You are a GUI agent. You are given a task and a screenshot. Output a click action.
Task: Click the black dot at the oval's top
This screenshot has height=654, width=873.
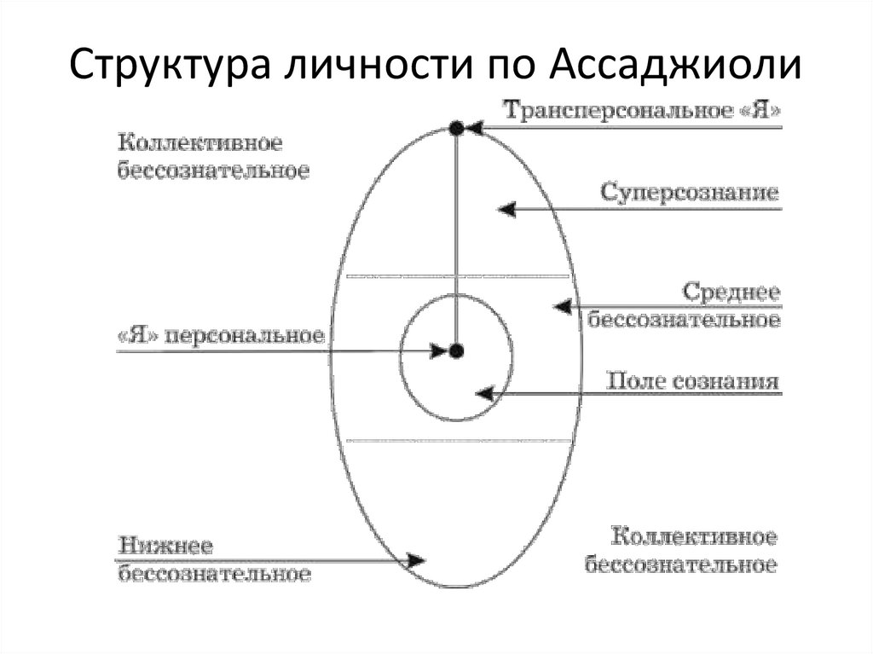456,129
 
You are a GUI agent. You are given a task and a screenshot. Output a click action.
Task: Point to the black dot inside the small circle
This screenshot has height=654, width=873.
456,350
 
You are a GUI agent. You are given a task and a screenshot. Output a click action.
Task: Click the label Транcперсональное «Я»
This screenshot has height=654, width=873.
641,111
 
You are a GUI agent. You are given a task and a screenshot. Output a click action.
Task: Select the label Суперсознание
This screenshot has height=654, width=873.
690,192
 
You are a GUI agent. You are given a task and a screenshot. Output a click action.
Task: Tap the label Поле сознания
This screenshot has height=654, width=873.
692,380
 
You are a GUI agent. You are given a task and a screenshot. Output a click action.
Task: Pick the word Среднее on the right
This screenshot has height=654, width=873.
731,292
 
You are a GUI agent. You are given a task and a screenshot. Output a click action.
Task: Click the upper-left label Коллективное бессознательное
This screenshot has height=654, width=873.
212,154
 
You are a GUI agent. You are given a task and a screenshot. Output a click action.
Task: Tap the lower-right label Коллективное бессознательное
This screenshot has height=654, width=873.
680,551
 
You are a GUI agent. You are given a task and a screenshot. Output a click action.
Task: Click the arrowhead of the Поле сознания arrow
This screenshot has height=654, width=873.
484,394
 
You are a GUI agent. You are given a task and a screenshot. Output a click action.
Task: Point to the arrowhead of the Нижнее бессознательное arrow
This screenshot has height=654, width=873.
416,560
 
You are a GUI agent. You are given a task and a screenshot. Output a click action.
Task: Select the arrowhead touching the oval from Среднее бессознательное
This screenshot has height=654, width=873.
561,305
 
